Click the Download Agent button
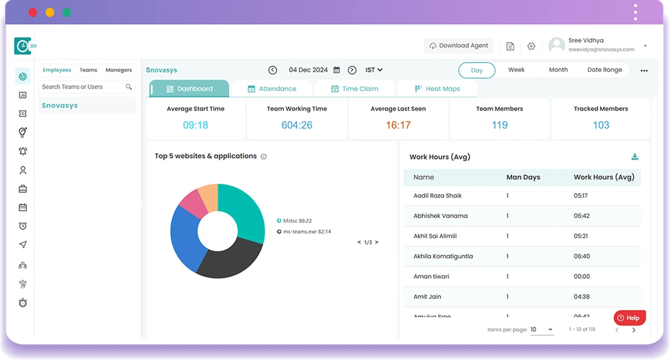click(458, 46)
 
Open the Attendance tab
click(272, 89)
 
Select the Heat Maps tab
click(437, 89)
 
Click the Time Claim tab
click(354, 89)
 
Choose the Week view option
click(516, 70)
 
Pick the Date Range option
click(604, 70)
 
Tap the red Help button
click(629, 318)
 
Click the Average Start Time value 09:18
click(195, 125)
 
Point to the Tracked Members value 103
click(600, 125)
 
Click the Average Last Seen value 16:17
click(398, 125)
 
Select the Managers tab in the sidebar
click(118, 70)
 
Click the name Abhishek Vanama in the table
click(440, 216)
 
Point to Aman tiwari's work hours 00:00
click(581, 276)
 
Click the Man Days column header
click(522, 177)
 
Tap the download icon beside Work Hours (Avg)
click(635, 157)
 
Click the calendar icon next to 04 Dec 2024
click(337, 70)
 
